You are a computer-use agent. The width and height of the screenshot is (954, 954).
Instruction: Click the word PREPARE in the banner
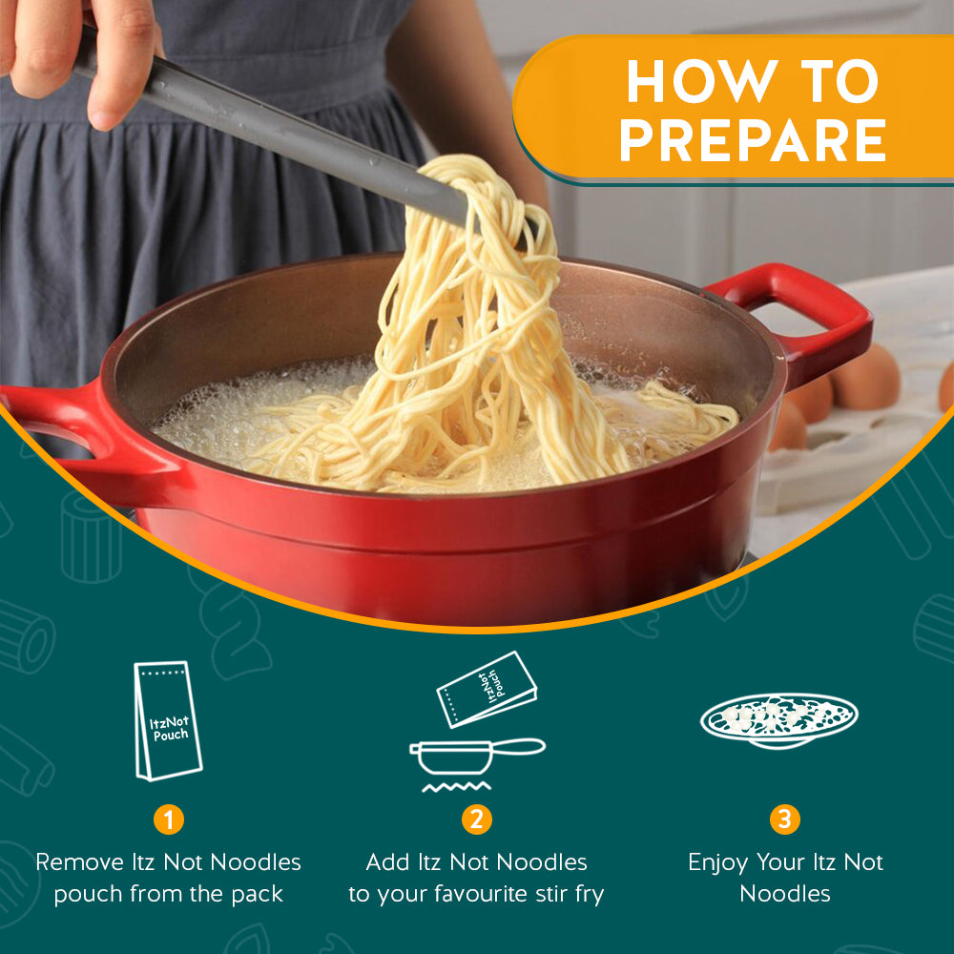753,140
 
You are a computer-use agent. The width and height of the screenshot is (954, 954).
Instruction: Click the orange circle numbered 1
169,819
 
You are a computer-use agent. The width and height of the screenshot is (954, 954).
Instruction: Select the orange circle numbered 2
476,819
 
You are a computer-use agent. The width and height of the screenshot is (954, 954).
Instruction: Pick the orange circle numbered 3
785,819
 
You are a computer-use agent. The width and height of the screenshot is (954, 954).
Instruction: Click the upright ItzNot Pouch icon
168,721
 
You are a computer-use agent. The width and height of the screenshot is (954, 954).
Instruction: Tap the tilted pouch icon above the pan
487,690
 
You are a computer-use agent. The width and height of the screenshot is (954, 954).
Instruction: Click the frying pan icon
476,755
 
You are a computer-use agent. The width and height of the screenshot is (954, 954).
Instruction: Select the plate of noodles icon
778,720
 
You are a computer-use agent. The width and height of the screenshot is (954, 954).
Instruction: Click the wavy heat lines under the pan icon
456,787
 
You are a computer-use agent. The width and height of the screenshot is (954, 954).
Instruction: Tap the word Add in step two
385,862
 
